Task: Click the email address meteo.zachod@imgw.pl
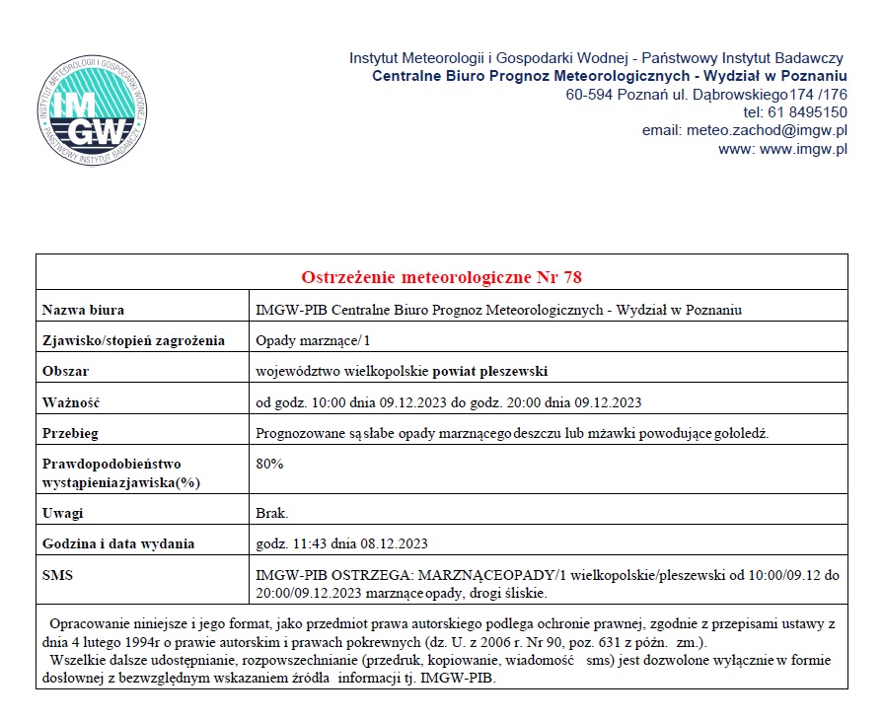(774, 130)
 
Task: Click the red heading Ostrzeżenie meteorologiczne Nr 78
(442, 274)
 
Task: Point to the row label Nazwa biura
(83, 310)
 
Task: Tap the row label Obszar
(66, 372)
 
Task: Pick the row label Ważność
(72, 402)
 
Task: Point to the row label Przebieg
(70, 433)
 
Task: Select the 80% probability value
(268, 464)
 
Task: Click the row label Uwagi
(63, 513)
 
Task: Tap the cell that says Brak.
(272, 513)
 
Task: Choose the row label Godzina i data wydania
(118, 543)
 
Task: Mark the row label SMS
(58, 575)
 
